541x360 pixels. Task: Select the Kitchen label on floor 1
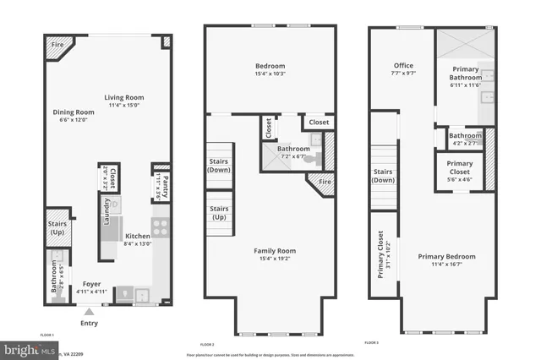(139, 237)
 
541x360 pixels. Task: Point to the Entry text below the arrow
(89, 323)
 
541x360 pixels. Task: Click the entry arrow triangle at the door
(89, 311)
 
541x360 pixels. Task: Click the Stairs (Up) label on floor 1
(57, 227)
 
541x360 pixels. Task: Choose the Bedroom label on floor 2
(270, 66)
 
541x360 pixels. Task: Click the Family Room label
(276, 251)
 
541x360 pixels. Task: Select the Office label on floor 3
(403, 65)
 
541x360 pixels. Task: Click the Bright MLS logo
(25, 347)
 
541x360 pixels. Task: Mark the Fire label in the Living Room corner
(57, 44)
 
